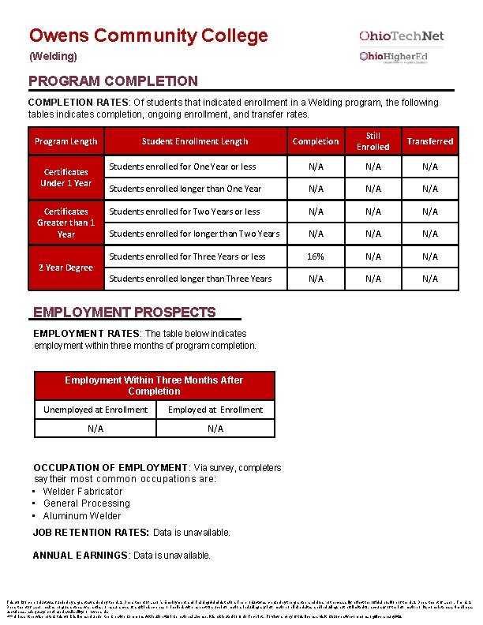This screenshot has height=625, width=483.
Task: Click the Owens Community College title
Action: pyautogui.click(x=148, y=36)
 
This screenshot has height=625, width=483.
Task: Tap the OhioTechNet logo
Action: pyautogui.click(x=401, y=36)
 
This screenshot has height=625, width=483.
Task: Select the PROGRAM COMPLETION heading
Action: pyautogui.click(x=113, y=81)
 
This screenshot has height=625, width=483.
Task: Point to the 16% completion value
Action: pyautogui.click(x=316, y=256)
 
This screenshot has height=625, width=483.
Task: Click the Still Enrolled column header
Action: pyautogui.click(x=373, y=141)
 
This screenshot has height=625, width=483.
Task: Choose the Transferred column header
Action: pyautogui.click(x=429, y=141)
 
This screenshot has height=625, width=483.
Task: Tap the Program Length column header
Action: pyautogui.click(x=66, y=142)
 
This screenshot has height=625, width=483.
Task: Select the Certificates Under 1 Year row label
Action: pyautogui.click(x=66, y=178)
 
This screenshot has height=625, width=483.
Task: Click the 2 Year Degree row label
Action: pyautogui.click(x=66, y=268)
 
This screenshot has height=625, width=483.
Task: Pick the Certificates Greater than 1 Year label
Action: pyautogui.click(x=66, y=223)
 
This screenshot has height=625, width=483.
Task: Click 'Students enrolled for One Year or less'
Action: pyautogui.click(x=182, y=167)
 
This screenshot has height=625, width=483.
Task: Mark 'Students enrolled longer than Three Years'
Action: pyautogui.click(x=190, y=279)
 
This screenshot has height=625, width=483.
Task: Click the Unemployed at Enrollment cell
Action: pyautogui.click(x=95, y=410)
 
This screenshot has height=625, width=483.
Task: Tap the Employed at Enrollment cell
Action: pyautogui.click(x=215, y=410)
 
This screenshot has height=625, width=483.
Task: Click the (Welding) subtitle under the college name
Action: pyautogui.click(x=53, y=57)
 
